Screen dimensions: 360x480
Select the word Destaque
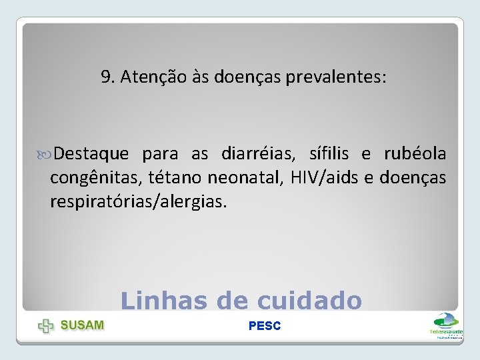pos(91,154)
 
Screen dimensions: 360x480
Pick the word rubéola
pos(415,154)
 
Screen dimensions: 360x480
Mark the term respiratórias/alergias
pos(138,201)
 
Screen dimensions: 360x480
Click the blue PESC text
pos(265,326)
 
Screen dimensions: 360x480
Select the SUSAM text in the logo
pos(82,325)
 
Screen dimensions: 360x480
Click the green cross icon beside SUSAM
pos(46,326)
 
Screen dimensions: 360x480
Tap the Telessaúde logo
pos(446,325)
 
